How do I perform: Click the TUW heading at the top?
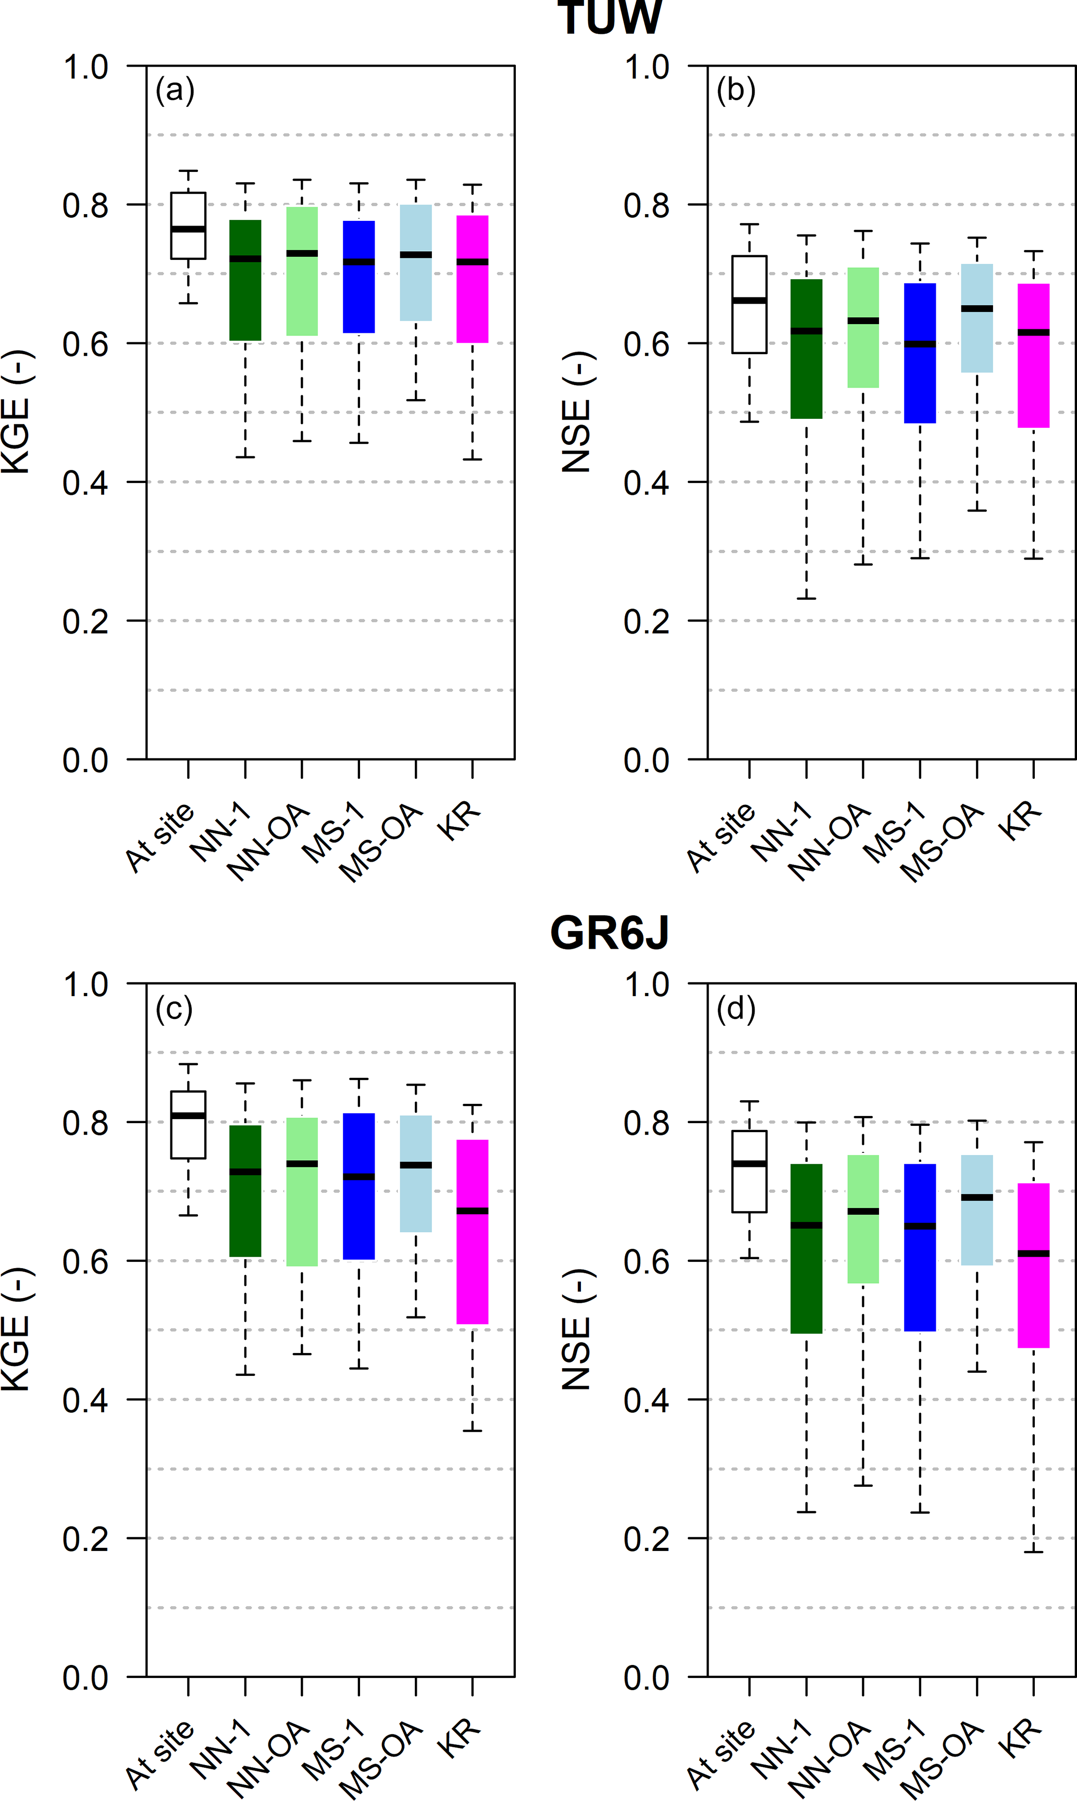coord(609,16)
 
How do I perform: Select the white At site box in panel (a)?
coord(188,226)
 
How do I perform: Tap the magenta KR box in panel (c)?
coord(473,1232)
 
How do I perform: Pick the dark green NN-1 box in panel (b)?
coord(806,349)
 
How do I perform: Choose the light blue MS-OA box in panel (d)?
coord(977,1210)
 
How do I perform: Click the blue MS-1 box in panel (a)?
coord(358,277)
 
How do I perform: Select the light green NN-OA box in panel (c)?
coord(302,1191)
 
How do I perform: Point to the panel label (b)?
coord(736,90)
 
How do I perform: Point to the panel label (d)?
coord(736,1008)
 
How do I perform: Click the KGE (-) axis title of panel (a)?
coord(16,412)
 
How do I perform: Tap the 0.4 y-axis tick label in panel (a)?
coord(85,482)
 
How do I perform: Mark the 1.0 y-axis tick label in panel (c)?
coord(85,985)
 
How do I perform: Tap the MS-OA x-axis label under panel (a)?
coord(381,842)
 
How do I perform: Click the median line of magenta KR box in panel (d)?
coord(1033,1253)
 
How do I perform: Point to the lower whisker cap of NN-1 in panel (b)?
coord(806,598)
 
